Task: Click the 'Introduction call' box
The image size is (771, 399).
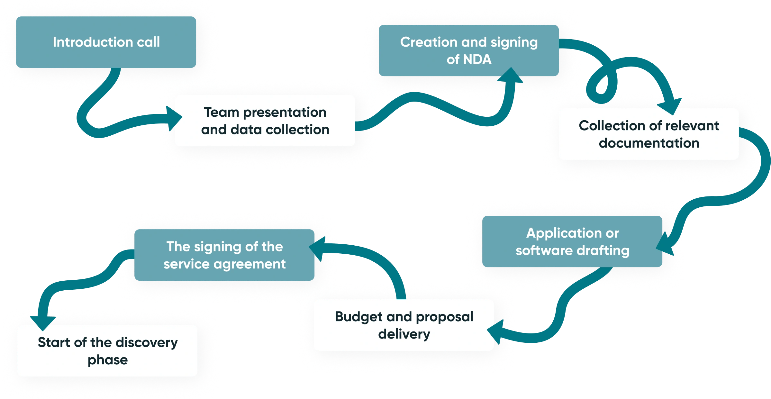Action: point(106,42)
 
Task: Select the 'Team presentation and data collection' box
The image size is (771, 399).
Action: point(265,121)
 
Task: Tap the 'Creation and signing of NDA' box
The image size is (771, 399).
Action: point(469,50)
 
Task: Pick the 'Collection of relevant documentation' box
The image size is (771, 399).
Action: point(649,134)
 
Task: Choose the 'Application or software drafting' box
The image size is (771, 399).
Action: point(572,241)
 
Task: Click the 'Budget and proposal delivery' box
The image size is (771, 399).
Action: point(404,325)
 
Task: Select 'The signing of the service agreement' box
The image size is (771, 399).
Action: point(224,255)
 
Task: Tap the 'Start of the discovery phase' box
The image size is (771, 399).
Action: point(107,351)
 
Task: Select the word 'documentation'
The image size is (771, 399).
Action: point(649,143)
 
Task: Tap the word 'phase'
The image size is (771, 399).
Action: point(108,360)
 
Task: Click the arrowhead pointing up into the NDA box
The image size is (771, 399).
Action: point(510,76)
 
